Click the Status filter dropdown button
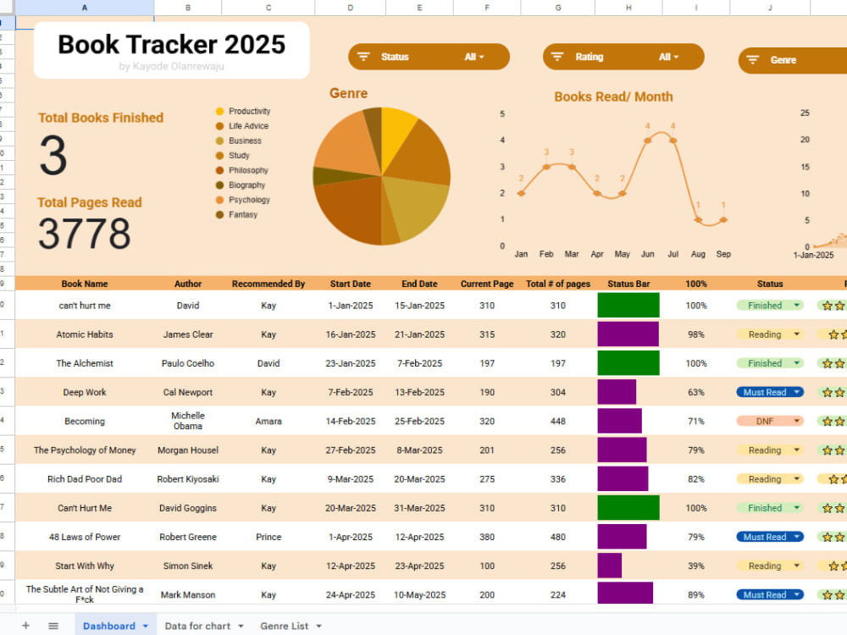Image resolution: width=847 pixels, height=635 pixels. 429,57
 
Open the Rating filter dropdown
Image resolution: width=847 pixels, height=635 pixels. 623,57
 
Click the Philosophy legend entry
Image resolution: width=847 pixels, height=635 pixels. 242,170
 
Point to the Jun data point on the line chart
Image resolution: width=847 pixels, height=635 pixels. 647,141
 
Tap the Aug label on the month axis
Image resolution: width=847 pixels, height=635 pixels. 698,254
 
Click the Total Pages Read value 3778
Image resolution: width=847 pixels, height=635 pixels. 84,234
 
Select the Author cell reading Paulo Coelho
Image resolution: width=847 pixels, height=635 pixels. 188,363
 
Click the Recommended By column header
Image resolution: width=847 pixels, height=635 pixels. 268,284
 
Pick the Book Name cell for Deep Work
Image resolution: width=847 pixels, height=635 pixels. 85,392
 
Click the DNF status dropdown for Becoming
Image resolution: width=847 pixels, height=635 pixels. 770,421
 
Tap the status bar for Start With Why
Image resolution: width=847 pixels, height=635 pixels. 610,566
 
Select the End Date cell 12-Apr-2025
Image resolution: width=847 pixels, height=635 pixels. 419,537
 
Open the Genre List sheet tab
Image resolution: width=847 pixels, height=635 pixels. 291,626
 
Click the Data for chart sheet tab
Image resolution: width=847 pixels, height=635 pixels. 203,626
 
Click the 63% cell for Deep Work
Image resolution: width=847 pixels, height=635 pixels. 695,392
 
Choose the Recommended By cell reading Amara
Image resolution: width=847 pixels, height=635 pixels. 268,421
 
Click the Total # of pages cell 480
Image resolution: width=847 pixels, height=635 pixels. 558,537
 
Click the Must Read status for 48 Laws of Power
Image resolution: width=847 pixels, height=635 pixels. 770,537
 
